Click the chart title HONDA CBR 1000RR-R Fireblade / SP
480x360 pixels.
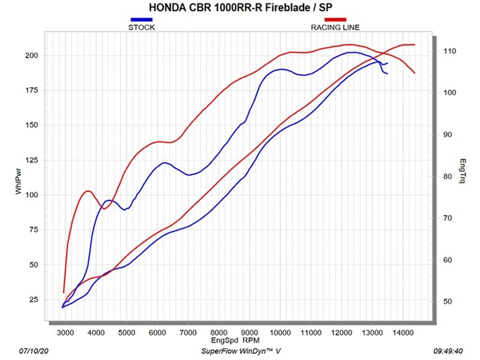240,8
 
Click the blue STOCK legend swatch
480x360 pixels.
142,20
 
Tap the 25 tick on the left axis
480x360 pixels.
34,299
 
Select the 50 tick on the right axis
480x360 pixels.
448,302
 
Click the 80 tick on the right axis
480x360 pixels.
448,176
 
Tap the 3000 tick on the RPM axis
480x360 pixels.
65,330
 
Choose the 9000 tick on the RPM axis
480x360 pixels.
249,330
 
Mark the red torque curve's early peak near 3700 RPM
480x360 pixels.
88,191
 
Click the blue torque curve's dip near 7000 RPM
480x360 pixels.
189,175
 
